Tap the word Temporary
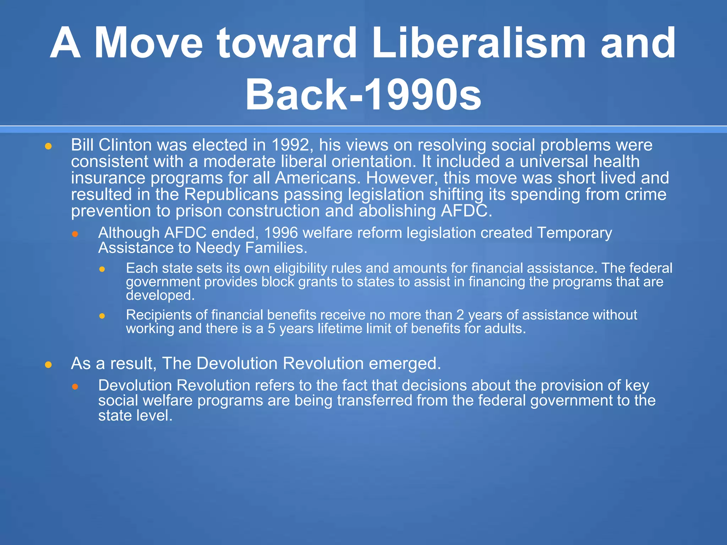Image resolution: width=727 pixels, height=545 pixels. [574, 233]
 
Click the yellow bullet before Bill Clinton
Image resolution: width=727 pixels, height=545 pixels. [49, 146]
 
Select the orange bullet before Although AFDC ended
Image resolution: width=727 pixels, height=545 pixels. [75, 234]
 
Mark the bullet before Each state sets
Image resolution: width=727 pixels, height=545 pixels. [102, 269]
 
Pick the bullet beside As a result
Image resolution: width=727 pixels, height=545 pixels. [49, 365]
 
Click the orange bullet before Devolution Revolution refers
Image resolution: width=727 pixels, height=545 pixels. [75, 386]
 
